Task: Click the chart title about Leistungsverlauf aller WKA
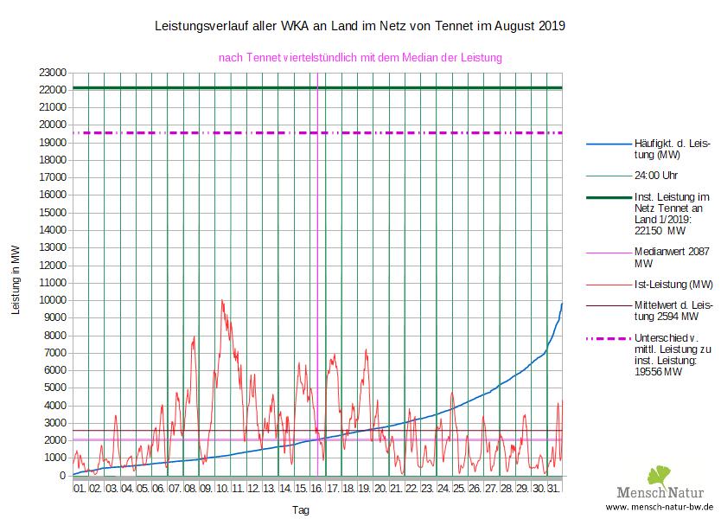(x=360, y=26)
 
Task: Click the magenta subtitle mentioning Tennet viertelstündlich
(x=360, y=58)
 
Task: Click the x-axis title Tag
(x=300, y=510)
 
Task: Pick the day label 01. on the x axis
(x=80, y=489)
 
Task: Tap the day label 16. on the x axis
(x=316, y=489)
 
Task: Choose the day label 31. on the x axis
(x=554, y=489)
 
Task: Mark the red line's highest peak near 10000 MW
(x=222, y=301)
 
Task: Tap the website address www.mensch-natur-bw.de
(x=660, y=507)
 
